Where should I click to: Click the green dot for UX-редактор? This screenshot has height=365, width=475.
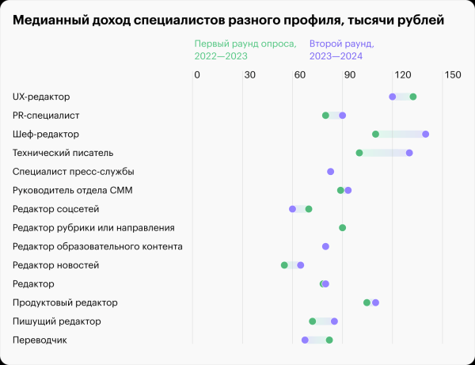pos(412,97)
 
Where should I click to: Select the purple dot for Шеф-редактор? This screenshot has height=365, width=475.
pos(426,134)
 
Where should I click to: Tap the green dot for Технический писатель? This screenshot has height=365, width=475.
pos(359,153)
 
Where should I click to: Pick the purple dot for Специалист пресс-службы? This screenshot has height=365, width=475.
pos(331,172)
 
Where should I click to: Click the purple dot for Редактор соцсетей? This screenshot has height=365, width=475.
pos(293,209)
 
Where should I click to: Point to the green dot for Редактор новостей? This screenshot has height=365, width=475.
pos(284,265)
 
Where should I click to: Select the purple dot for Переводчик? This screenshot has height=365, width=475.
pos(305,340)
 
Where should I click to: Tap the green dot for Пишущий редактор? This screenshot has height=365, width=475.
pos(313,321)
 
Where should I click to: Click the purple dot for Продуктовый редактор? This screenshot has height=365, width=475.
pos(375,302)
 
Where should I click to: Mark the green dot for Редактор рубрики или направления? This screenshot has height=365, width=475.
pos(343,228)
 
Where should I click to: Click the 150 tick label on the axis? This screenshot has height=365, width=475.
pos(452,75)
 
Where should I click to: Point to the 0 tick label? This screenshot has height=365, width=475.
pos(196,75)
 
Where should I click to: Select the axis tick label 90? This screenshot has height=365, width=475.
pos(349,75)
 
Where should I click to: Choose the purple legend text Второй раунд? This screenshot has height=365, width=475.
pos(341,44)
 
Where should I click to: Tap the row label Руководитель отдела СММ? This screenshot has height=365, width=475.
pos(73,190)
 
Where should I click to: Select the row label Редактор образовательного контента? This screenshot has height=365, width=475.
pos(97,246)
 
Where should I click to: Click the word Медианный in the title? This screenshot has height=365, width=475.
pos(52,18)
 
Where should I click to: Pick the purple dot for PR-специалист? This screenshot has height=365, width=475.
pos(343,116)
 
